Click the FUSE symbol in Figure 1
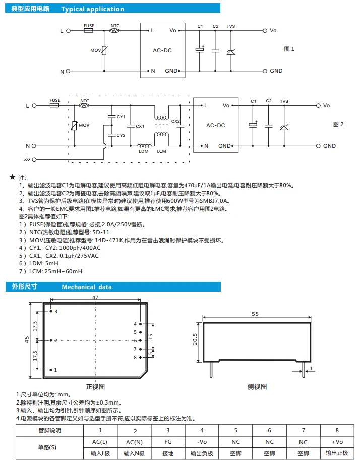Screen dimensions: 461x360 88,30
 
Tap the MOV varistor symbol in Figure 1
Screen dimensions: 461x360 104,50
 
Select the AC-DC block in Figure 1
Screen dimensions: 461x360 162,50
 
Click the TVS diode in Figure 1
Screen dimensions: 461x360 231,51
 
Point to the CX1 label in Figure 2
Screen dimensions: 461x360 140,126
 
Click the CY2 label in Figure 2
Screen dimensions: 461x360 121,135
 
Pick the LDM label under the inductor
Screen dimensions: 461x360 144,151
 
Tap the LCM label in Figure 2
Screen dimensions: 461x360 161,151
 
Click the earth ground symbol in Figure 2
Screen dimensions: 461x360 27,160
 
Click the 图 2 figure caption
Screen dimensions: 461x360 338,124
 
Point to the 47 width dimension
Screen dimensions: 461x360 95,298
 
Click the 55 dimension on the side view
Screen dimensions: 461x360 255,314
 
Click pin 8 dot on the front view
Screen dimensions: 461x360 143,357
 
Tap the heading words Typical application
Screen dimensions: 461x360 92,9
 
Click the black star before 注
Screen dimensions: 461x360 13,178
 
